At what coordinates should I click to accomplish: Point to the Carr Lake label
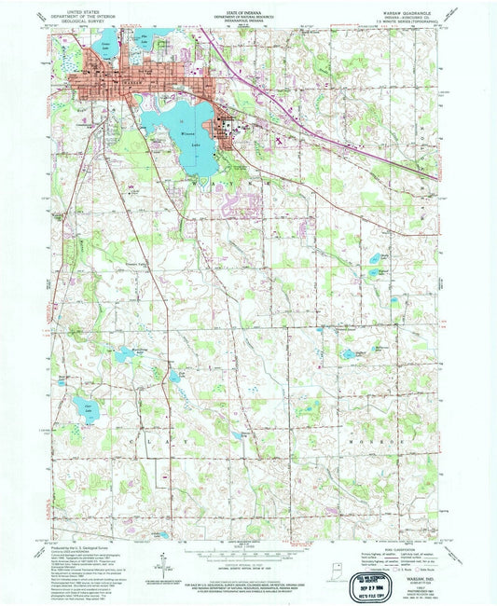click(x=90, y=406)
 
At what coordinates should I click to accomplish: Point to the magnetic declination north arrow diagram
click(x=166, y=559)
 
